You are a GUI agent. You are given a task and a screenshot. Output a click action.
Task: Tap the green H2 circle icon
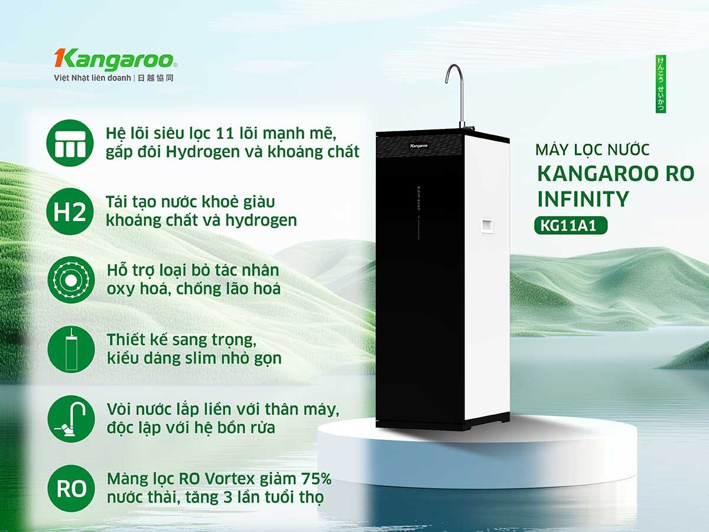click(x=70, y=212)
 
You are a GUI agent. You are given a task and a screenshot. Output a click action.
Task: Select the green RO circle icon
click(x=70, y=488)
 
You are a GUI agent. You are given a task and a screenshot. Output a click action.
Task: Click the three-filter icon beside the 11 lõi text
click(x=70, y=142)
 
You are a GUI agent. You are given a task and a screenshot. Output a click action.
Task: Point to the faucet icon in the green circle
click(x=70, y=419)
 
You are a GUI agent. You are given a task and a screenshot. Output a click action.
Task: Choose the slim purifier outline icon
click(x=70, y=349)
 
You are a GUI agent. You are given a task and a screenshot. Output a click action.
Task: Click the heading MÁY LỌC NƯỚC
click(x=592, y=150)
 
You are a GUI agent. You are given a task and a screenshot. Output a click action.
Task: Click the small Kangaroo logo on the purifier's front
click(x=419, y=145)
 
